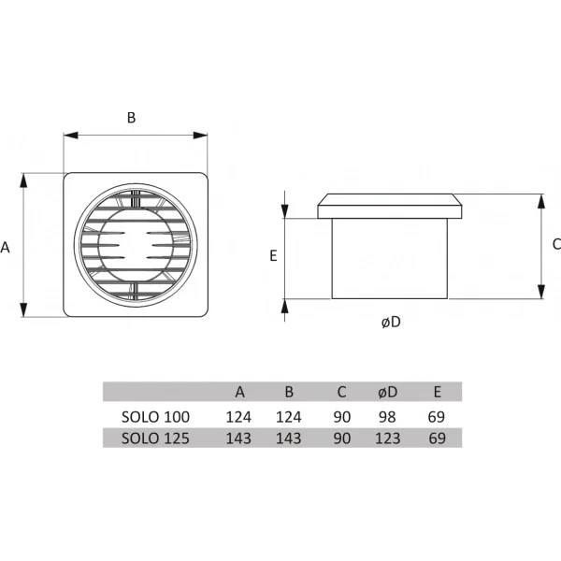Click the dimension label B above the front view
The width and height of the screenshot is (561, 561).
[x=131, y=118]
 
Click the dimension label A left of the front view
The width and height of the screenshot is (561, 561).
[x=5, y=247]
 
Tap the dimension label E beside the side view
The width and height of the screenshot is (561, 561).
[x=273, y=256]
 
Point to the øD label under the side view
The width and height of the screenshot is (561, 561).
[x=391, y=323]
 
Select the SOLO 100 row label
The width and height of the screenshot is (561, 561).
[x=155, y=417]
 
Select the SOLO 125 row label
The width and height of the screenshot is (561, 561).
[x=155, y=439]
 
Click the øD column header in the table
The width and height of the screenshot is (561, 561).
[x=388, y=392]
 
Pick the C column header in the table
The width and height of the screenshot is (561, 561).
[x=341, y=392]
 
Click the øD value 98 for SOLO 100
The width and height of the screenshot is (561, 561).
[x=387, y=417]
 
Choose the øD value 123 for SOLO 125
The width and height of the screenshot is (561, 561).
[x=387, y=439]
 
